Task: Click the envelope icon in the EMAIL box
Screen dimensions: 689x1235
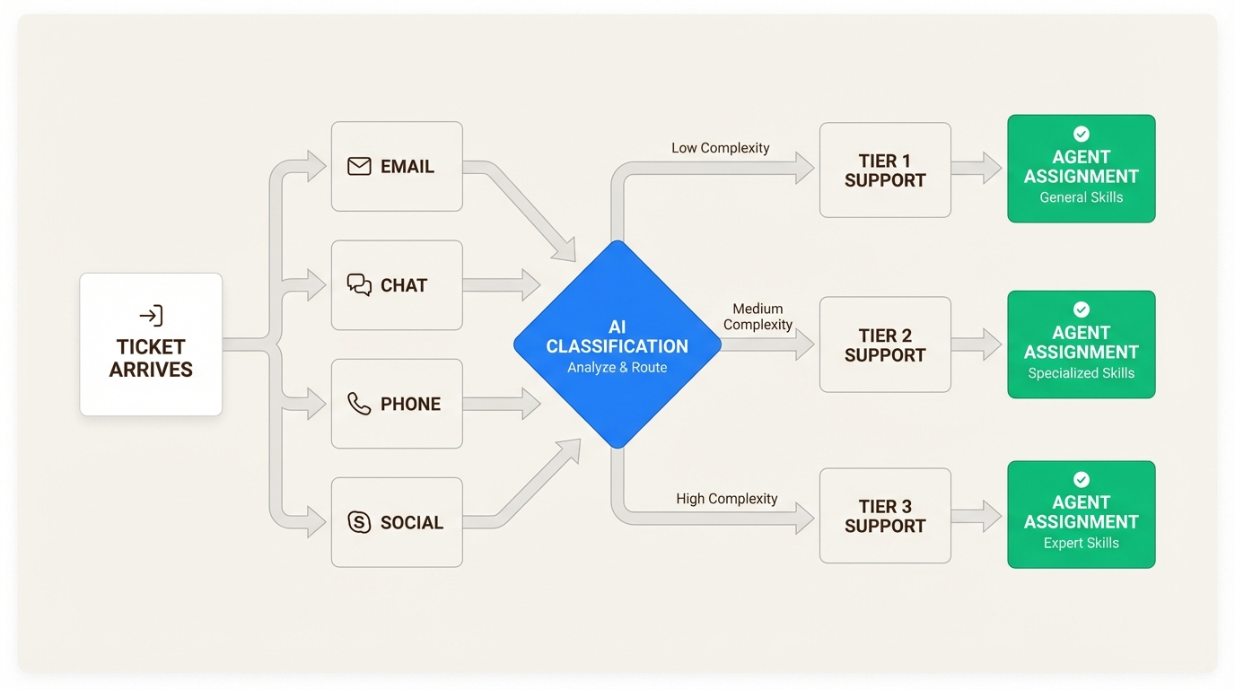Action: click(359, 167)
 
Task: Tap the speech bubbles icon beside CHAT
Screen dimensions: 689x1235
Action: click(359, 285)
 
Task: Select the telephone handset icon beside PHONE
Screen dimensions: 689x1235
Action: click(359, 404)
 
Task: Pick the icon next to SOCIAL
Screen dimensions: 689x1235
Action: click(359, 522)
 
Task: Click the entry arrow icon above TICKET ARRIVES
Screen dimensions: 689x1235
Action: click(151, 316)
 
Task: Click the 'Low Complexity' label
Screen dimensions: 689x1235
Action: click(720, 148)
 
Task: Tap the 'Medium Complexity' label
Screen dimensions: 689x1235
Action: click(758, 317)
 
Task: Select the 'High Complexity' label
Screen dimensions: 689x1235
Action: click(727, 499)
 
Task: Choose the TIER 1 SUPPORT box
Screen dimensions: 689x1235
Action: click(885, 170)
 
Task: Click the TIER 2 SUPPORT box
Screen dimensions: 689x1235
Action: click(885, 344)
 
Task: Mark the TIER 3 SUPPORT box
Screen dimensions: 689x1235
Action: click(885, 516)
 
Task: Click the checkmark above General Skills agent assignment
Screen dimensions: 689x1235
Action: click(1082, 134)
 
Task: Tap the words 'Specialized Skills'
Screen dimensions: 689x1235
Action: click(1081, 373)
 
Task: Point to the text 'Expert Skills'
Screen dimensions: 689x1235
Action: click(1081, 543)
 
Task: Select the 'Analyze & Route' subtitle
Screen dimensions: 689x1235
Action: click(617, 367)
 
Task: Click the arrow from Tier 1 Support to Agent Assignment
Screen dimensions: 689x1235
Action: click(977, 168)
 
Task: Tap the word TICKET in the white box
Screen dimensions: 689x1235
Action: click(151, 347)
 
